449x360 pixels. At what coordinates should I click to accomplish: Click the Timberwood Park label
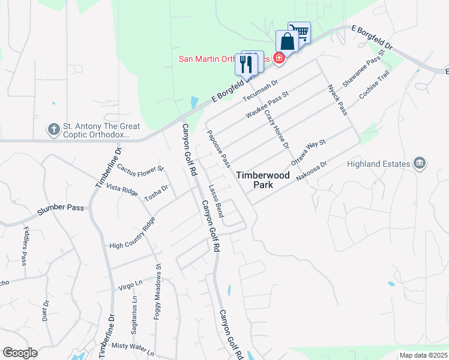point(262,180)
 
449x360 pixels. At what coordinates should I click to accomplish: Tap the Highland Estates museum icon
point(420,163)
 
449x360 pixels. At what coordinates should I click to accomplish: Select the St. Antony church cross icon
point(54,129)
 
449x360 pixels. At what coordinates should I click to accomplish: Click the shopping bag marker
point(288,42)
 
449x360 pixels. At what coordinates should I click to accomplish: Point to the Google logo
point(20,353)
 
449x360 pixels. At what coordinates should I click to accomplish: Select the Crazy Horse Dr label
point(277,125)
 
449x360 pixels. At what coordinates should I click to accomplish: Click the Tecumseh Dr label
point(261,91)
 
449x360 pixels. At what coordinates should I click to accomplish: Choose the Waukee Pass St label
point(268,104)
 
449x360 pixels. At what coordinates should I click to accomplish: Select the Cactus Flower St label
point(140,167)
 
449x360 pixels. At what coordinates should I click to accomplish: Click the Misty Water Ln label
point(133,346)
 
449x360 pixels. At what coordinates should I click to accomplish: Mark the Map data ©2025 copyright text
point(422,355)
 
